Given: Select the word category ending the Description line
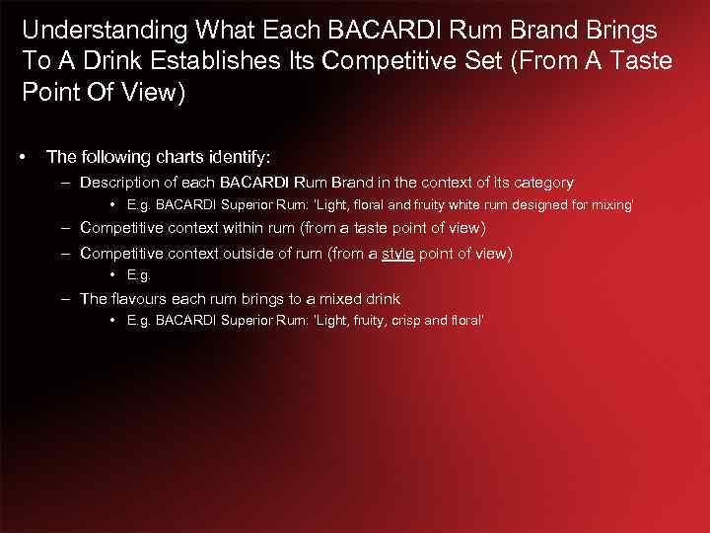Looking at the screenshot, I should click(539, 182).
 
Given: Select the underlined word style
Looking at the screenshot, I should click(398, 253).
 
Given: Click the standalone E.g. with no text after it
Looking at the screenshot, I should click(139, 275).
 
